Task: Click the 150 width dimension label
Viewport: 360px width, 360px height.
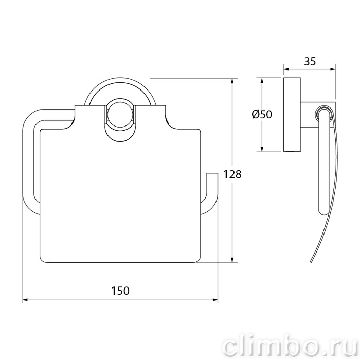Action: point(120,291)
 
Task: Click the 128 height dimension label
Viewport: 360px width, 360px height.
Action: point(232,174)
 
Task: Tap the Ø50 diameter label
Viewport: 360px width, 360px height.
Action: point(262,114)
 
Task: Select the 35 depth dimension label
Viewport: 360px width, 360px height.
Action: point(310,61)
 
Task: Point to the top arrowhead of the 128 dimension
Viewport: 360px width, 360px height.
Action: point(232,81)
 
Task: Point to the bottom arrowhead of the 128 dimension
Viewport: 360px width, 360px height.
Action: point(232,259)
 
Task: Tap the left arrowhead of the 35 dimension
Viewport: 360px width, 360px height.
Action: point(286,69)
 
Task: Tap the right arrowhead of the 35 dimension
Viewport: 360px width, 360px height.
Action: point(333,69)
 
